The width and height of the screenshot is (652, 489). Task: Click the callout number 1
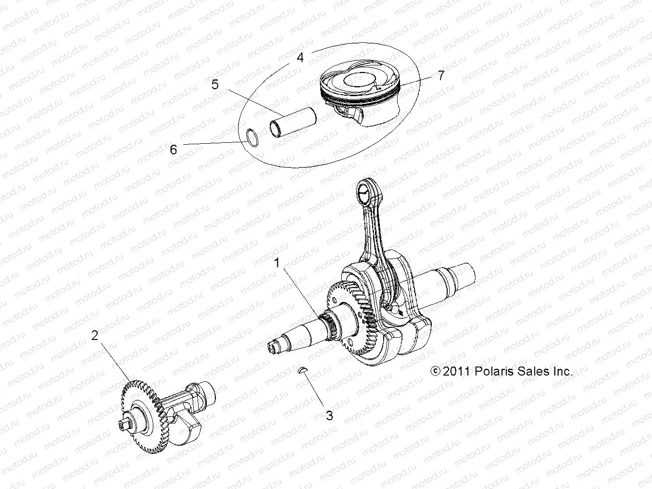click(277, 263)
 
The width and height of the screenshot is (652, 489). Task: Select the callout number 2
click(95, 335)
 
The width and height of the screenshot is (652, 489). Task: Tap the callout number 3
click(329, 415)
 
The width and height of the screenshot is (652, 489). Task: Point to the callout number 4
click(301, 58)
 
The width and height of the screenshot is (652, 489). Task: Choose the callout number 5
click(215, 84)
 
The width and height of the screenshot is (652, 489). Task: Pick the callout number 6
click(174, 150)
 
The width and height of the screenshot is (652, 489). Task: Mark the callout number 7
click(441, 75)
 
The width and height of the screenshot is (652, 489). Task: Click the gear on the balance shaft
click(144, 414)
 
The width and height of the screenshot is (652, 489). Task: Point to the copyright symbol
click(422, 372)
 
